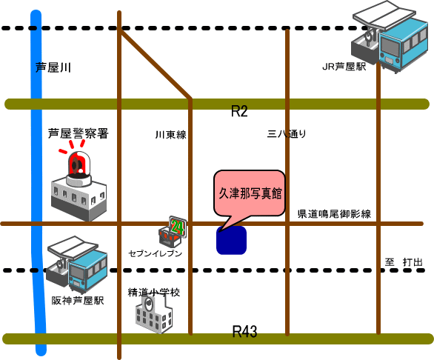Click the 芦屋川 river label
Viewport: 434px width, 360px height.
(53, 67)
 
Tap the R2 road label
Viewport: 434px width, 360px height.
(239, 111)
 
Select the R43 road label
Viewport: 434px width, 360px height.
(244, 331)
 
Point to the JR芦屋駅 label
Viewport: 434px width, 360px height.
(344, 67)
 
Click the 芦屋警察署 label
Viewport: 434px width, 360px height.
(79, 133)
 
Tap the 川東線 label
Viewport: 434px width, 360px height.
(170, 135)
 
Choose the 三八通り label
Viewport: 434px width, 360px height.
(287, 134)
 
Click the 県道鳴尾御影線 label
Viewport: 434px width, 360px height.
(334, 214)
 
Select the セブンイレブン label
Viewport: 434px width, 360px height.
(156, 253)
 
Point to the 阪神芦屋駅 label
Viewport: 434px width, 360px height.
(78, 301)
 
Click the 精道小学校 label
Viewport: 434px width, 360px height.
(154, 293)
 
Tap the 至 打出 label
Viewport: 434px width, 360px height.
(404, 262)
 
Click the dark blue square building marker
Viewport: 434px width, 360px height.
(231, 240)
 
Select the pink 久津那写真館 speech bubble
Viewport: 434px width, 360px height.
(250, 193)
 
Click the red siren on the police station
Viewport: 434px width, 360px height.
(79, 164)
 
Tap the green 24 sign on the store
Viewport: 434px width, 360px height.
(178, 227)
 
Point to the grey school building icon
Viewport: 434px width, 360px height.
(153, 314)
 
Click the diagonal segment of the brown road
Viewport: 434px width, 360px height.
(155, 64)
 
